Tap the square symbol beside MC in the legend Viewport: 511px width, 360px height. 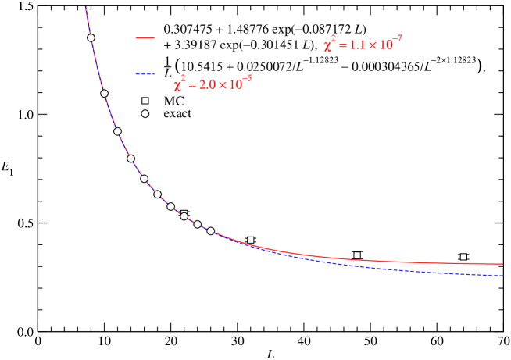[145, 101]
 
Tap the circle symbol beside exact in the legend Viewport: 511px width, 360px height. [145, 114]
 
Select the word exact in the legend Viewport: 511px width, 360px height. [177, 114]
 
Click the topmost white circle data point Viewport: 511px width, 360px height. [91, 37]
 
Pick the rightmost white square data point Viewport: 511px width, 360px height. [463, 257]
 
